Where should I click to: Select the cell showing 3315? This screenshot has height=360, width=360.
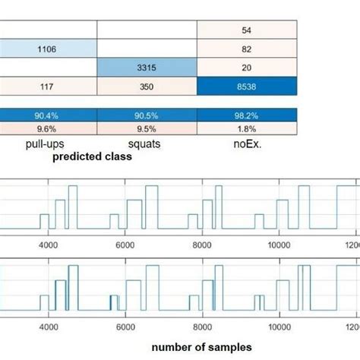tap(147, 68)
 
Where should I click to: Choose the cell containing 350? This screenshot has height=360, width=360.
tap(147, 87)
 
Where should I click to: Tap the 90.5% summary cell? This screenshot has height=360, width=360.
tap(147, 115)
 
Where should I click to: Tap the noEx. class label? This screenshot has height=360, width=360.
tap(244, 142)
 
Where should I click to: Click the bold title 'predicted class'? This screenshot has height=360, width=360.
tap(92, 157)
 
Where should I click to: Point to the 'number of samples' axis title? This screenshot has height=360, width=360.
tap(202, 347)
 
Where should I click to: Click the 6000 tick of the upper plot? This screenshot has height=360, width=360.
tap(125, 245)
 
